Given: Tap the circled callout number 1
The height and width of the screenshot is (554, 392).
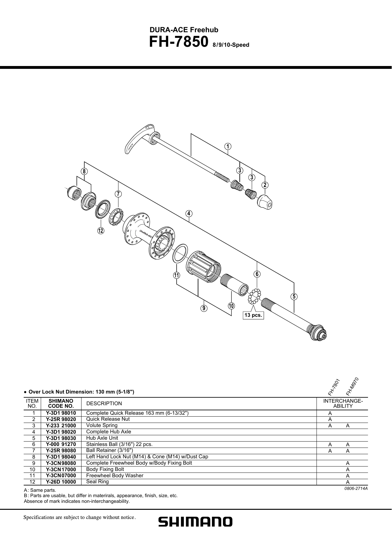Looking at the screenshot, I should coord(228,147).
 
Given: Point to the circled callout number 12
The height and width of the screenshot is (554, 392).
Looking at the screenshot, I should coord(100,231).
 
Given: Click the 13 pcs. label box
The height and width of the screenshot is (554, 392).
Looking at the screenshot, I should coord(253,315).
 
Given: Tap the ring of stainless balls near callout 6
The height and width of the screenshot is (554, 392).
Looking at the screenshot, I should coord(255,296).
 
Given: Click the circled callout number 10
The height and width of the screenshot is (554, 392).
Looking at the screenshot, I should coord(232,306).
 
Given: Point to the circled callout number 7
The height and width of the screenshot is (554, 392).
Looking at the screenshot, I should coord(118,193).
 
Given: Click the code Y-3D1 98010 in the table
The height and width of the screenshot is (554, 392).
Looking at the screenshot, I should coord(61,413).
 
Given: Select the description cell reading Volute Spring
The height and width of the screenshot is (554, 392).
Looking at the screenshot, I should coord(102,425).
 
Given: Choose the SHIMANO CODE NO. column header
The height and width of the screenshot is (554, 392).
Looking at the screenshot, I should coord(61,403).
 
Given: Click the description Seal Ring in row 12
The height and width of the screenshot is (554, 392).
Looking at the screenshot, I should coord(97,482).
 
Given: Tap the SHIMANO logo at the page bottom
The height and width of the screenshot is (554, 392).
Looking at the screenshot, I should coord(196,522).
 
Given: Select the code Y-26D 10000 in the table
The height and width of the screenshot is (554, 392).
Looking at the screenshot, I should coord(61,482).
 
